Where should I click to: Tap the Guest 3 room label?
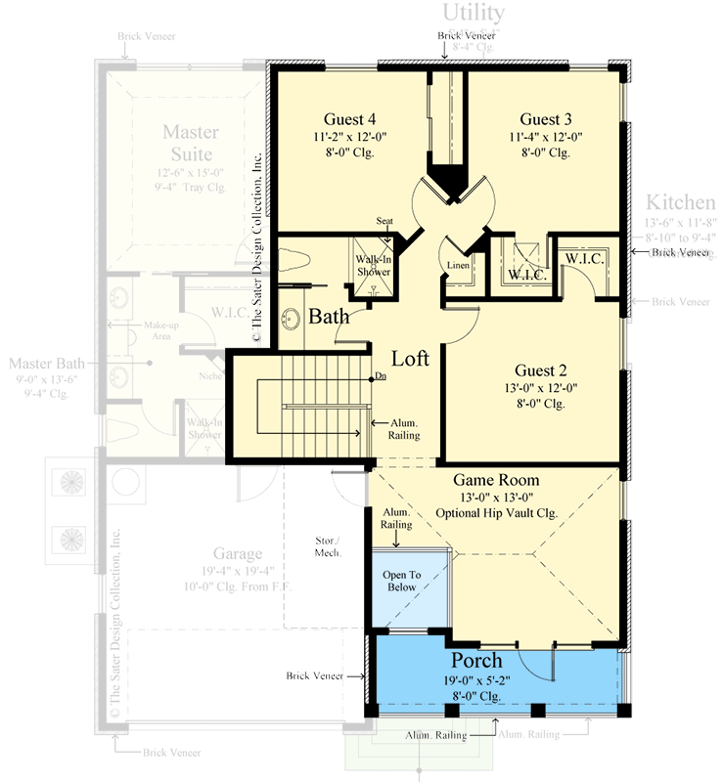point(546,119)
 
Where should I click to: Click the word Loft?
point(411,358)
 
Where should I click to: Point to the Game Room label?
point(496,480)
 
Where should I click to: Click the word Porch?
point(476,661)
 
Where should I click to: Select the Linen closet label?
point(458,266)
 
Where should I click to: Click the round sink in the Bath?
point(291,319)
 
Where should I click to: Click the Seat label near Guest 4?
point(385,221)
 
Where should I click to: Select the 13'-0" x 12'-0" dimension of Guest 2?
point(540,387)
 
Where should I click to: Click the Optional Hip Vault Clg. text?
point(496,513)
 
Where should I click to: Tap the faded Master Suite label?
point(191,143)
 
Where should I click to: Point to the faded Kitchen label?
point(680,202)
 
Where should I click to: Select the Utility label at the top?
point(474,13)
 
